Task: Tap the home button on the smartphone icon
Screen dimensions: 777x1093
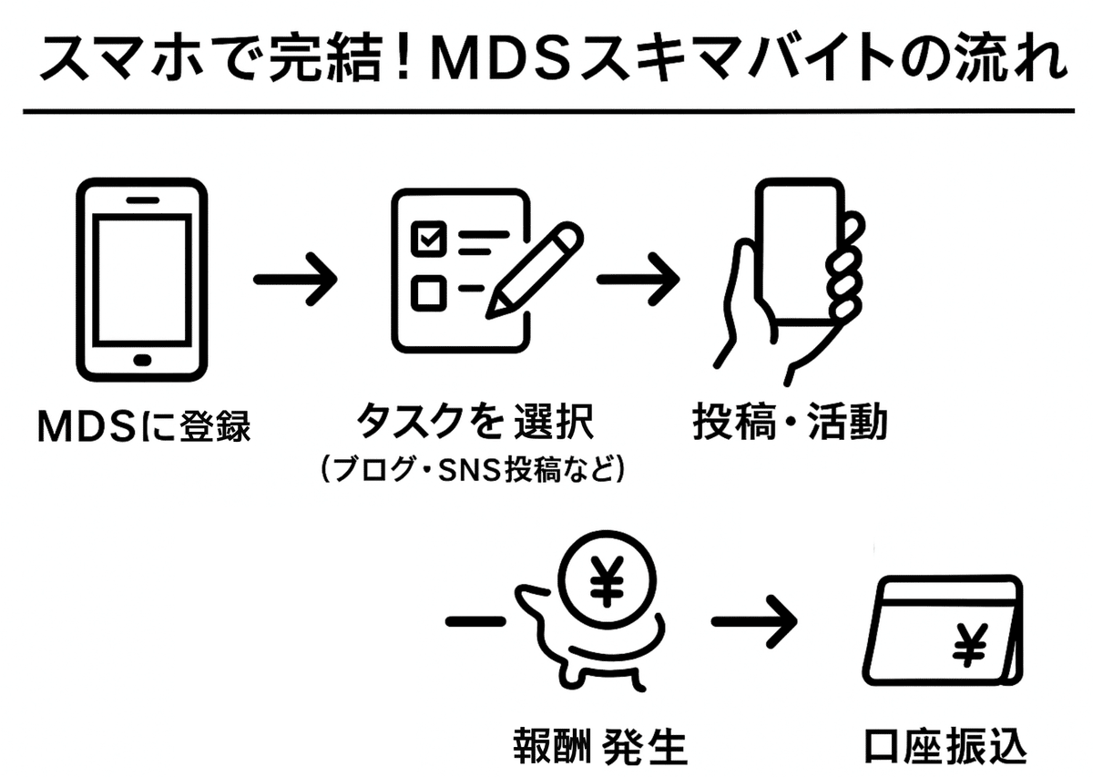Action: click(x=141, y=358)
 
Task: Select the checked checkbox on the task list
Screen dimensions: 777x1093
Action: click(x=427, y=239)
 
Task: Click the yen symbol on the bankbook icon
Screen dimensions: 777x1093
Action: click(x=971, y=645)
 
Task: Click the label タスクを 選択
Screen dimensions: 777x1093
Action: click(x=474, y=424)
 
